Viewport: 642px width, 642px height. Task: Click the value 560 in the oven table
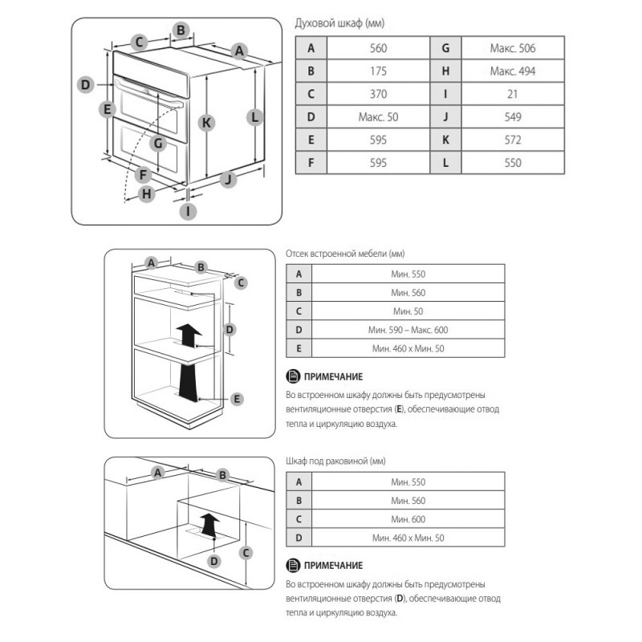[378, 48]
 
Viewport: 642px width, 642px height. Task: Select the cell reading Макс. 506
[512, 48]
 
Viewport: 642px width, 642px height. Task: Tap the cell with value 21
[512, 94]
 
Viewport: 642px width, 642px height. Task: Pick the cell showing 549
[512, 117]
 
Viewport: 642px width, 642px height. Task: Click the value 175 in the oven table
[378, 71]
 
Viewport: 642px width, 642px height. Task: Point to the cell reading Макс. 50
[378, 117]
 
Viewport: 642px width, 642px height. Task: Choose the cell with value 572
[512, 140]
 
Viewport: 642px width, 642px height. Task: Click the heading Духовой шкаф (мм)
[335, 25]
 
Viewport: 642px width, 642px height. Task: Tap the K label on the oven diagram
[206, 123]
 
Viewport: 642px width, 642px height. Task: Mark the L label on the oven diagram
[254, 116]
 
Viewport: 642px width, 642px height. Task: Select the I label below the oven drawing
[188, 212]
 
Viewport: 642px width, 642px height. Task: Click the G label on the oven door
[158, 144]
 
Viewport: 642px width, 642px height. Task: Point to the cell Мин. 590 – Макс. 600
[408, 330]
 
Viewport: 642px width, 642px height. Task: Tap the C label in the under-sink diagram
[247, 552]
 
